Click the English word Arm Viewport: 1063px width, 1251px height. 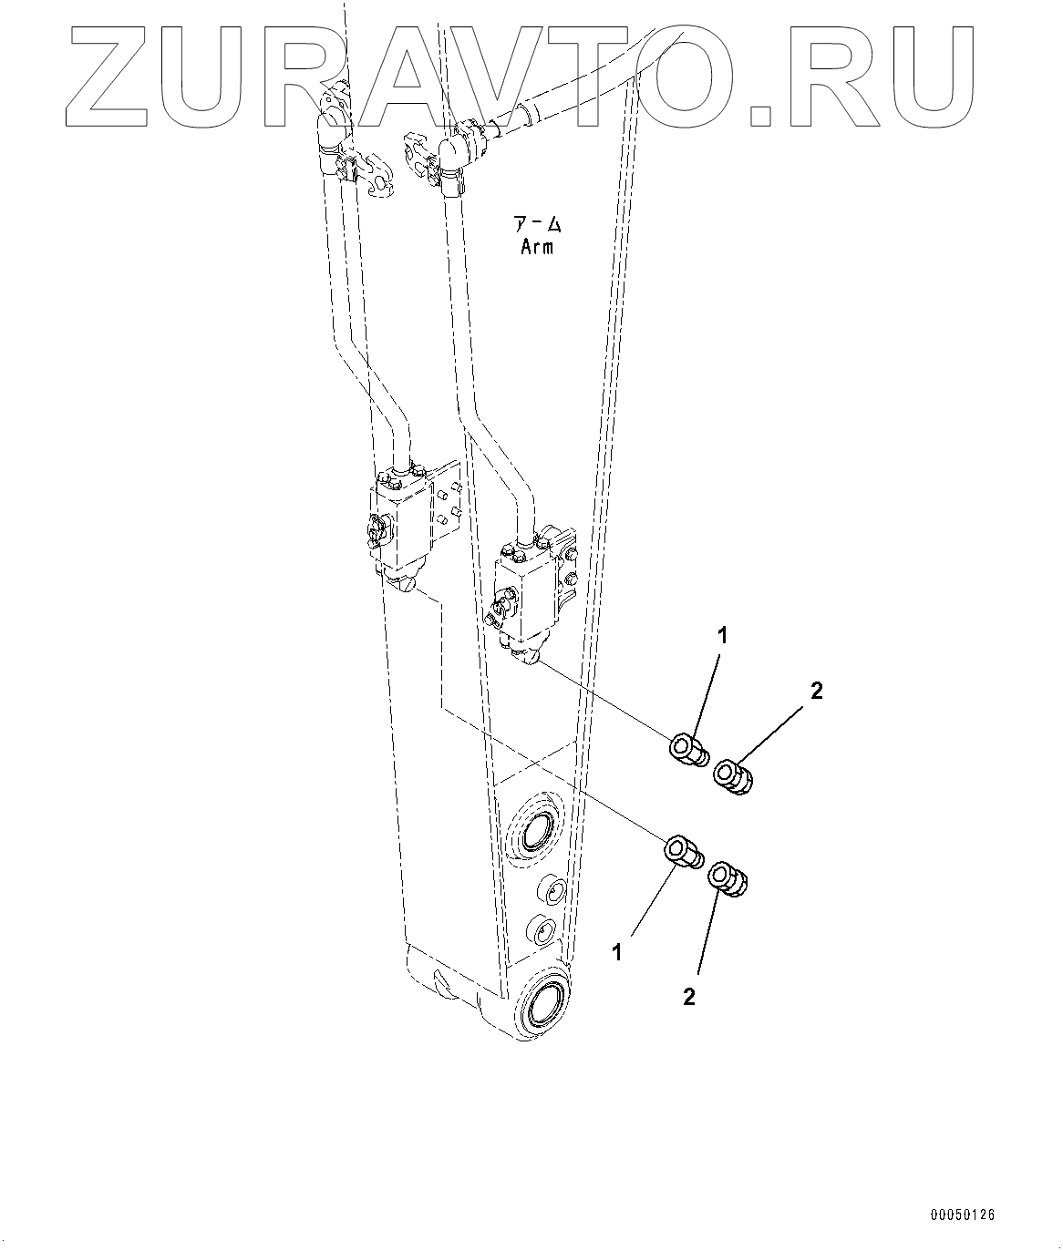(x=536, y=246)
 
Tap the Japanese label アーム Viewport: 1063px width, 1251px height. (x=536, y=224)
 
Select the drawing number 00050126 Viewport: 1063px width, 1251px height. (x=963, y=1215)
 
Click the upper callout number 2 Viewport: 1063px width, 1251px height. (x=816, y=691)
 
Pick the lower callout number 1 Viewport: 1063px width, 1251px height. (x=618, y=952)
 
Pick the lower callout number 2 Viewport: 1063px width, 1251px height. (x=689, y=997)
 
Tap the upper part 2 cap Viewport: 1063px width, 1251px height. (x=735, y=777)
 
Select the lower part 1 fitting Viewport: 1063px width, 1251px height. (x=684, y=851)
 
